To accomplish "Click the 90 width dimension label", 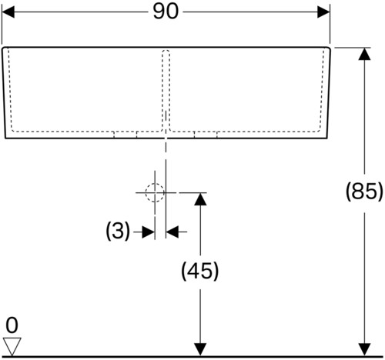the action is pos(166,12).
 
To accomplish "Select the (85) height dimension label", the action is pos(364,192).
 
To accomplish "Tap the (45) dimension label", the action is pos(200,271).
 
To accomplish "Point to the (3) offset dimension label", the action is pos(118,231).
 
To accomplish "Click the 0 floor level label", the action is pos(12,325).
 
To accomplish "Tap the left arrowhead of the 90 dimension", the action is pos(8,12).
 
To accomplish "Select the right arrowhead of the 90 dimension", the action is pos(323,12).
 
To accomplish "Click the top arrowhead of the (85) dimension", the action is pos(364,54).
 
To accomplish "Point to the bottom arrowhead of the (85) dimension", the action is pos(364,350).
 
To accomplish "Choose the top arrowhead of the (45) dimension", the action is pos(200,199).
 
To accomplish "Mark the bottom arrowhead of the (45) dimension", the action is pos(200,350).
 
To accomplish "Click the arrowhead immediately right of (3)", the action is pos(149,232).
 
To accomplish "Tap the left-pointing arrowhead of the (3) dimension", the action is pos(172,232).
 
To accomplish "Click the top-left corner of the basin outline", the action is pos(3,48).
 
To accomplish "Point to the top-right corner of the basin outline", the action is pos(330,48).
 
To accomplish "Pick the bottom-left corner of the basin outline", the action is pos(5,138).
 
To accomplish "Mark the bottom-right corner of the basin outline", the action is pos(327,138).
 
